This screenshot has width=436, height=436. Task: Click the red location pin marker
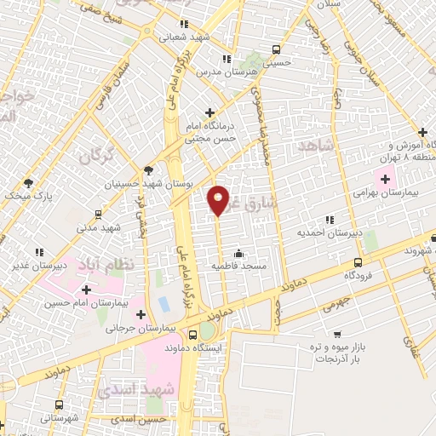click(219, 200)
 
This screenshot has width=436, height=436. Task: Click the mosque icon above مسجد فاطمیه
click(238, 253)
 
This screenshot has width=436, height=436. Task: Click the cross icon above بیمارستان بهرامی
click(385, 180)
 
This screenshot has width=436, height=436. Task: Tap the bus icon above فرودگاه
click(357, 262)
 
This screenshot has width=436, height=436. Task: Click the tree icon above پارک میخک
click(28, 183)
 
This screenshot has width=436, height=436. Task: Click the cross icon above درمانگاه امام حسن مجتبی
click(210, 112)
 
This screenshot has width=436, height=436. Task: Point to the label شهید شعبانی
click(186, 37)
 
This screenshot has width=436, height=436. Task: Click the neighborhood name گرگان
click(96, 156)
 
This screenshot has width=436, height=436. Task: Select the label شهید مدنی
click(99, 227)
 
